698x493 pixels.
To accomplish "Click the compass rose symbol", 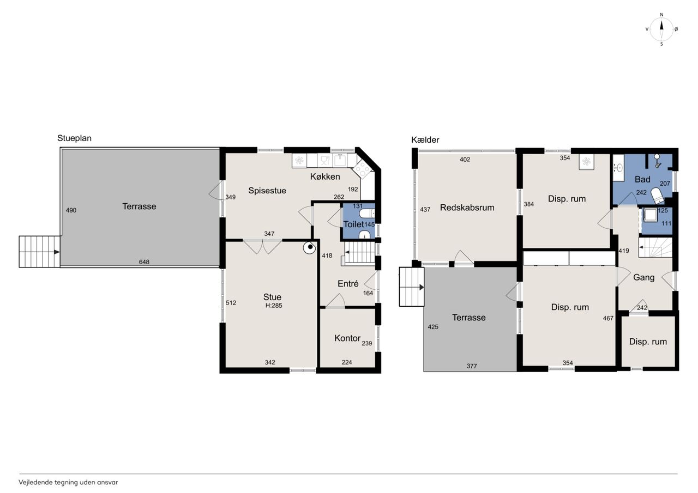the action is click(661, 29).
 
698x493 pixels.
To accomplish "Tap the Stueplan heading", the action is click(74, 138).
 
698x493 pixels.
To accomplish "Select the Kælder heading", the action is click(425, 140).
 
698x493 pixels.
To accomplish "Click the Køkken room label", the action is click(325, 176).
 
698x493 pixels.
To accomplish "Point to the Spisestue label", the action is click(267, 191).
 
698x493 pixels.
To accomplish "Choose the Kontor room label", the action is click(347, 338).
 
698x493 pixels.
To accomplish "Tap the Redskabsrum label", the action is click(467, 208).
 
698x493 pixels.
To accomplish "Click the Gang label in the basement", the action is click(644, 278).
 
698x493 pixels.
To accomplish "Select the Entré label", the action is click(348, 283).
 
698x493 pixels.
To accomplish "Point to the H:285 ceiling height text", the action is click(274, 306).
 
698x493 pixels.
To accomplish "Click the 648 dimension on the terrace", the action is click(144, 262).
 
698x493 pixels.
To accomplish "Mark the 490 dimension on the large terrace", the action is click(71, 210).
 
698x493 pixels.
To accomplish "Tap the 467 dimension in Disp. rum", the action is click(608, 318).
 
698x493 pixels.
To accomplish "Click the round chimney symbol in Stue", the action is click(310, 248).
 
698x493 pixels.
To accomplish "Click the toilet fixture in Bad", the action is click(656, 196).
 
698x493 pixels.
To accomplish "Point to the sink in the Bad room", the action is click(618, 168).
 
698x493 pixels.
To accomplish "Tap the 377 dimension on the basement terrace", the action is click(472, 366).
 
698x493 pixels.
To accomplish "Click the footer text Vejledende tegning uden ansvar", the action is click(68, 483).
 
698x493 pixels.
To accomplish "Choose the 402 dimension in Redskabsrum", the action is click(465, 160).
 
